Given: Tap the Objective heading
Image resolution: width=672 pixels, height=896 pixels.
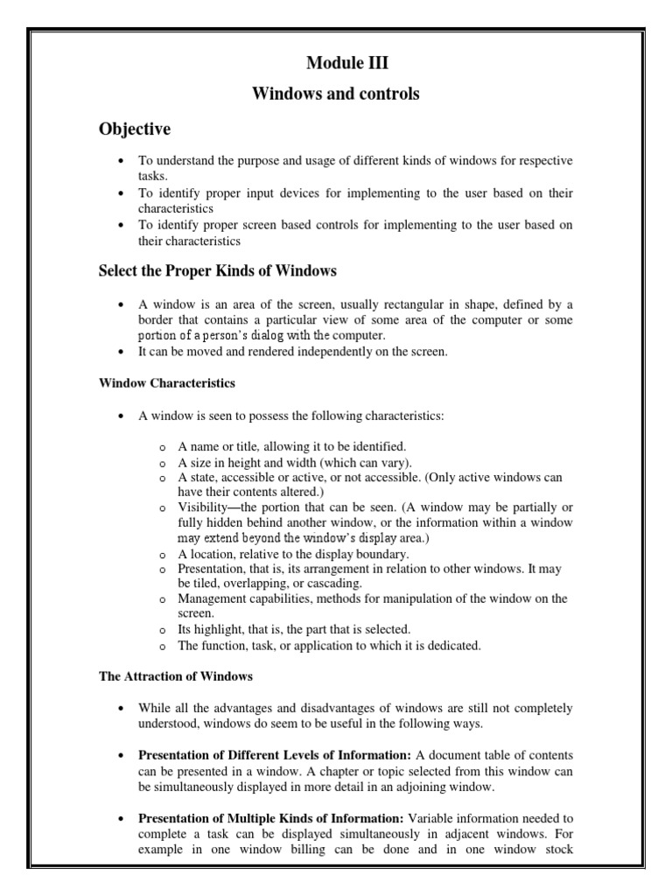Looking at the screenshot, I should coord(134,129).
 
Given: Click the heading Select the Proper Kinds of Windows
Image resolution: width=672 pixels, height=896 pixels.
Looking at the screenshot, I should coord(217,270).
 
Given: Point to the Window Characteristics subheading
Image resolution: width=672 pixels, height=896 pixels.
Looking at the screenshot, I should coord(166,383).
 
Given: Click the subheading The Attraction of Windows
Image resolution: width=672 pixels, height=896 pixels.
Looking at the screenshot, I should coord(175,675).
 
